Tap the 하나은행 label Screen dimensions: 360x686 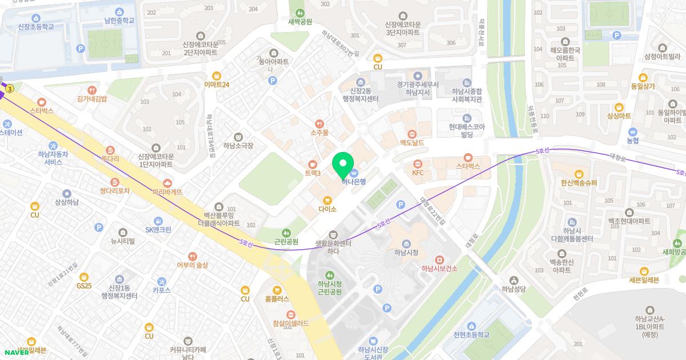tap(354, 182)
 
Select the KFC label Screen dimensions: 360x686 tap(418, 172)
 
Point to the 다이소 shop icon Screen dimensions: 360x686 tap(327, 200)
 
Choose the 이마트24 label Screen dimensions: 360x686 tap(217, 85)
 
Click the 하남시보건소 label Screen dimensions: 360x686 tap(439, 269)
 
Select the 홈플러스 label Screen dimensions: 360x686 tap(277, 298)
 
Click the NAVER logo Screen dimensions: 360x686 tap(17, 351)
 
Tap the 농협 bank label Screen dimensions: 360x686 tap(632, 140)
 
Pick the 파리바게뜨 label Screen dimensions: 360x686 tap(167, 191)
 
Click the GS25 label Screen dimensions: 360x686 tap(84, 285)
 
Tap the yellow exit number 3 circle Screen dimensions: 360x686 tap(10, 89)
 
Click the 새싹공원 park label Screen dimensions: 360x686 tap(300, 22)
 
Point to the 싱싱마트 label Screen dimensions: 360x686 tap(619, 115)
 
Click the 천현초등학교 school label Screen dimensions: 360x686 tap(471, 335)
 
